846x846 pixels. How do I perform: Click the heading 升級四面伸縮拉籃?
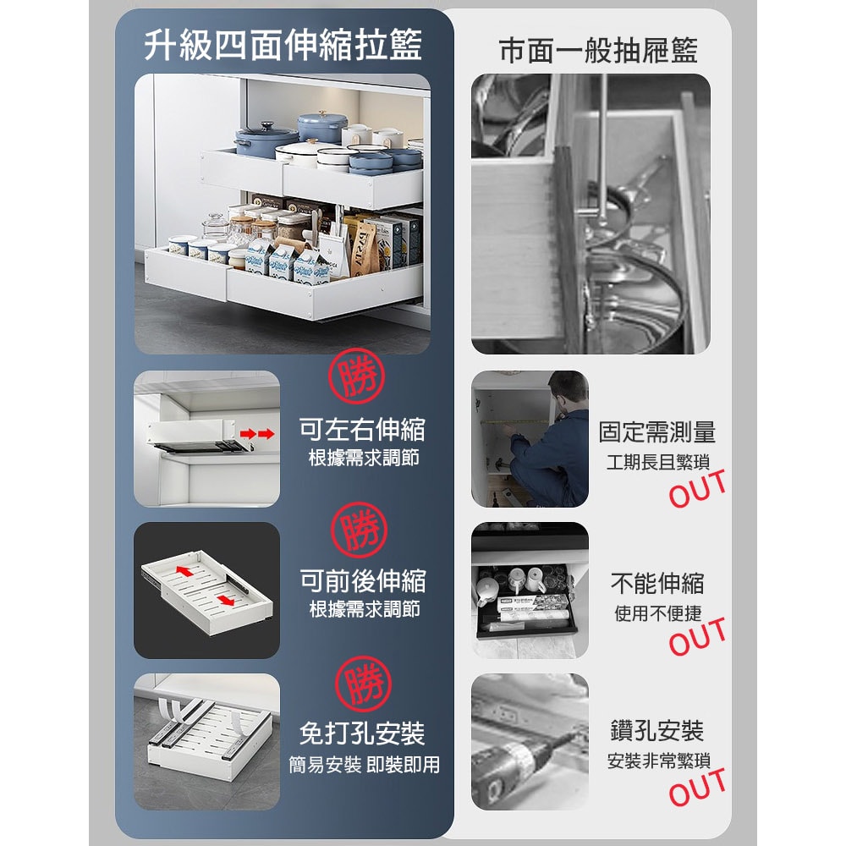pyautogui.click(x=283, y=46)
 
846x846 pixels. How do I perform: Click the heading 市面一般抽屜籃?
pyautogui.click(x=598, y=51)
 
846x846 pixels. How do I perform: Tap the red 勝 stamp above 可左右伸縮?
pyautogui.click(x=356, y=376)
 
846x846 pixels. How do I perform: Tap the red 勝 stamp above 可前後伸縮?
pyautogui.click(x=359, y=530)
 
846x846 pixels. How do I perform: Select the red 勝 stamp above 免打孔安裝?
pyautogui.click(x=363, y=683)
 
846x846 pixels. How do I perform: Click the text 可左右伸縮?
pyautogui.click(x=362, y=430)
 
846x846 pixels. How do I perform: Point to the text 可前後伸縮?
pyautogui.click(x=363, y=581)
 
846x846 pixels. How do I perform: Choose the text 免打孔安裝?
pyautogui.click(x=363, y=733)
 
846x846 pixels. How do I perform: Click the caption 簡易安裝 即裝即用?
pyautogui.click(x=364, y=765)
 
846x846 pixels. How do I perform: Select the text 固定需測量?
pyautogui.click(x=657, y=432)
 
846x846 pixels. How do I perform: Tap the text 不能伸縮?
pyautogui.click(x=657, y=583)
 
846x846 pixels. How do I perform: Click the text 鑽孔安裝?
pyautogui.click(x=657, y=732)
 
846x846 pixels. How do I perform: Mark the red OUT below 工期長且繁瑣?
pyautogui.click(x=697, y=489)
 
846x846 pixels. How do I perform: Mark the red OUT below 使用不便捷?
pyautogui.click(x=697, y=637)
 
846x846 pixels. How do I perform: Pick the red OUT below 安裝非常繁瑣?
pyautogui.click(x=697, y=787)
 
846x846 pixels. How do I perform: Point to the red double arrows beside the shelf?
pyautogui.click(x=257, y=433)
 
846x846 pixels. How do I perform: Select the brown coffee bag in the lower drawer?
pyautogui.click(x=363, y=247)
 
